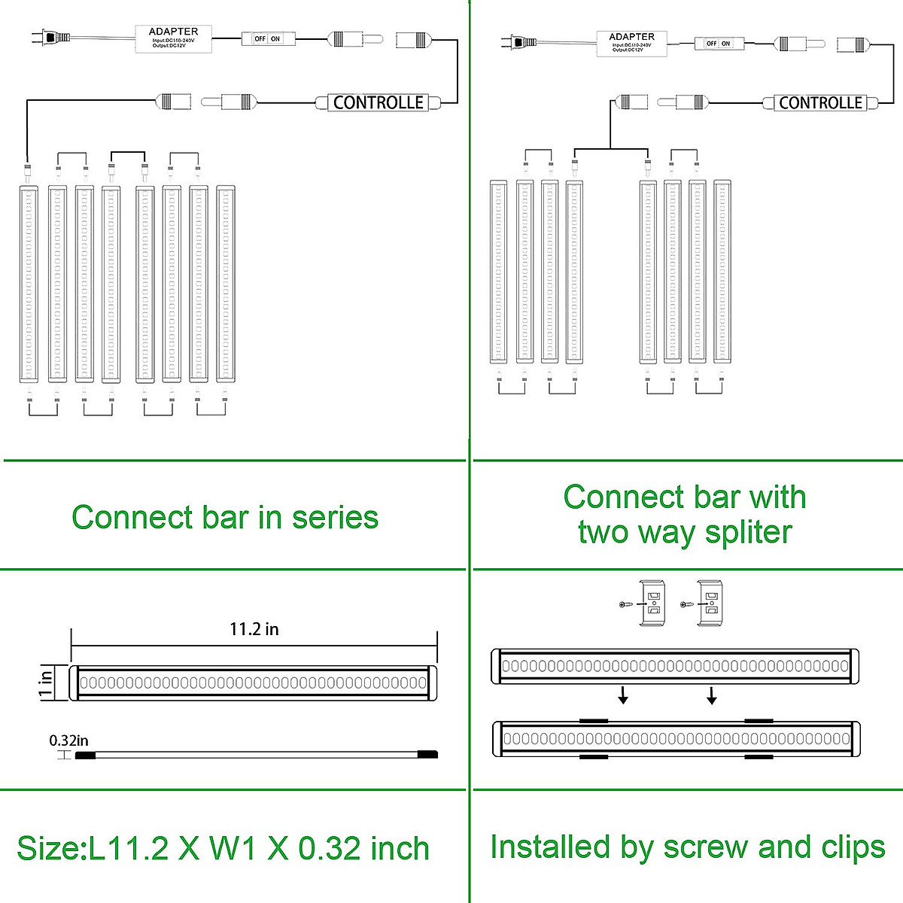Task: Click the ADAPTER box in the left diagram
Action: click(x=173, y=38)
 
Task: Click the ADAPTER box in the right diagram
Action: click(x=631, y=44)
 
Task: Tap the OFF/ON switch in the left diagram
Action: click(x=268, y=38)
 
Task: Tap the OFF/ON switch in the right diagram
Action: click(x=719, y=44)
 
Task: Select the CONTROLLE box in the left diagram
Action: click(x=379, y=103)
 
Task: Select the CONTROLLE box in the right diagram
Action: click(x=820, y=103)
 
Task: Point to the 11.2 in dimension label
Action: click(x=254, y=629)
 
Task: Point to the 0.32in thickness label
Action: click(x=68, y=740)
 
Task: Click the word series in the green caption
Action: click(x=335, y=518)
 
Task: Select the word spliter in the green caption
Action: click(x=748, y=533)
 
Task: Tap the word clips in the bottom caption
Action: click(x=853, y=847)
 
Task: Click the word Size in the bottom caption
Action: click(x=50, y=848)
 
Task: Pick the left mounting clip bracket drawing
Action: click(x=651, y=604)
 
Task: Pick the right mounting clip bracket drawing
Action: click(x=710, y=604)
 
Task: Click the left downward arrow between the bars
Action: click(x=623, y=696)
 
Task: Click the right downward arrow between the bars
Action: click(x=711, y=696)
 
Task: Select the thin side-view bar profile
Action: click(x=256, y=753)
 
